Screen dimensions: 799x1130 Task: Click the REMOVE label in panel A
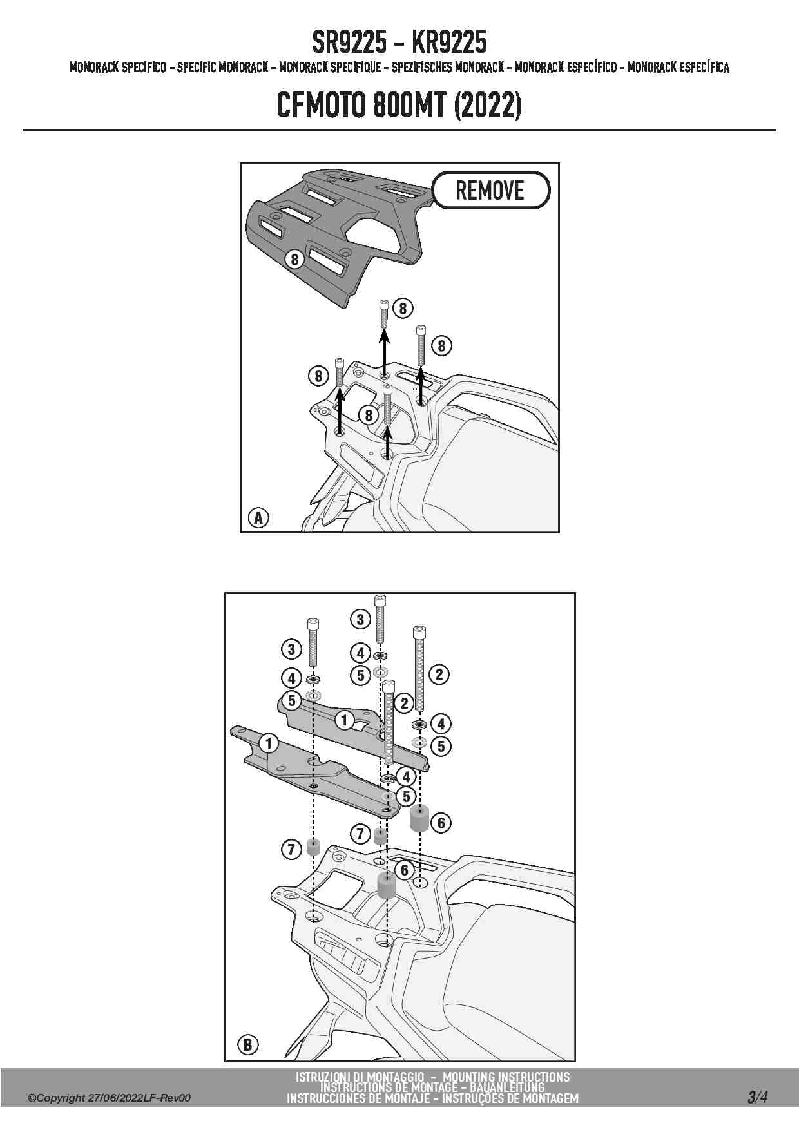490,190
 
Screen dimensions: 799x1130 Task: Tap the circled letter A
258,517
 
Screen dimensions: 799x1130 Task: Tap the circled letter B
248,1044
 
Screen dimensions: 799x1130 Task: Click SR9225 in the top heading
349,43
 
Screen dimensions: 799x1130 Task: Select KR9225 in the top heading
450,43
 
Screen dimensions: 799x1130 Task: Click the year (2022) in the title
487,105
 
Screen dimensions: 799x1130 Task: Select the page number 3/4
757,1097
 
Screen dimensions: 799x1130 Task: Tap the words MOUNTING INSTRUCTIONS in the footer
506,1077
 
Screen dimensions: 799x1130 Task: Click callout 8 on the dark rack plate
294,259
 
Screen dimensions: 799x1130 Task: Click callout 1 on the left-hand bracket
269,743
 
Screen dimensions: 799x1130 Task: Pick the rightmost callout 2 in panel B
439,675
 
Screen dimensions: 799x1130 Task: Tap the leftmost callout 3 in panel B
291,649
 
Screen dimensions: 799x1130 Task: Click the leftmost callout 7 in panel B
291,850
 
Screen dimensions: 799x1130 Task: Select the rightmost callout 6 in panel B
441,823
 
